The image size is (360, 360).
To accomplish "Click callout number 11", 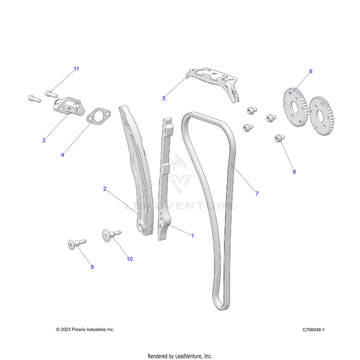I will coord(76,69).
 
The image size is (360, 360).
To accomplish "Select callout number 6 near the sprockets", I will coord(311,71).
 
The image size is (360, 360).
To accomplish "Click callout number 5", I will coord(164,98).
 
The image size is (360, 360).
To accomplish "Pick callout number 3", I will coord(44,140).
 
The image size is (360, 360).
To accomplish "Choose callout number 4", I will coord(62,155).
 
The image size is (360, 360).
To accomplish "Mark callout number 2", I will coord(105,188).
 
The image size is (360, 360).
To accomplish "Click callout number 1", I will coord(192,235).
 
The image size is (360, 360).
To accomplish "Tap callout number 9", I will coord(92,267).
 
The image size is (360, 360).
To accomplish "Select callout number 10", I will coord(129,258).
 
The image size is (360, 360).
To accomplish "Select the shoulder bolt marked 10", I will coord(109,235).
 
